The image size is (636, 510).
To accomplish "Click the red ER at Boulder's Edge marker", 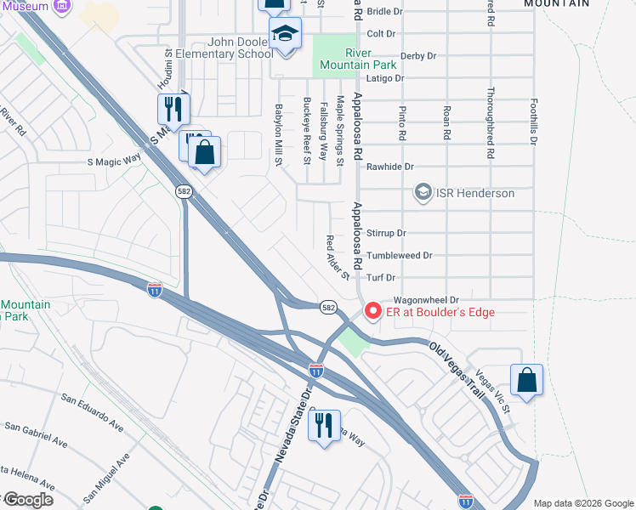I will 372,312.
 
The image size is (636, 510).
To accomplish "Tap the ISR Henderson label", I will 474,193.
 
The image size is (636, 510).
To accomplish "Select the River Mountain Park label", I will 358,59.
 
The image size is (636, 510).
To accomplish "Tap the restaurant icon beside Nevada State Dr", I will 324,428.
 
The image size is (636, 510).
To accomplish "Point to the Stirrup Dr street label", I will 386,233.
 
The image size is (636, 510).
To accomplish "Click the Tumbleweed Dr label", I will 399,255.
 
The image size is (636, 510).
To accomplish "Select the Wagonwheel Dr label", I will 425,300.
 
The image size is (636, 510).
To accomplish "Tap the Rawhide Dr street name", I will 389,167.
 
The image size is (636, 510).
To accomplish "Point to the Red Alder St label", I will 338,258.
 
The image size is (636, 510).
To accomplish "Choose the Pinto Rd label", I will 401,122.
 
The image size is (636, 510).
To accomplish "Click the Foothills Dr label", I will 534,119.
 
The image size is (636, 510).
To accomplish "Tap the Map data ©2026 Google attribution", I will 582,502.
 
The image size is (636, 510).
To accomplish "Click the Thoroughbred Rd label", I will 491,124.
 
